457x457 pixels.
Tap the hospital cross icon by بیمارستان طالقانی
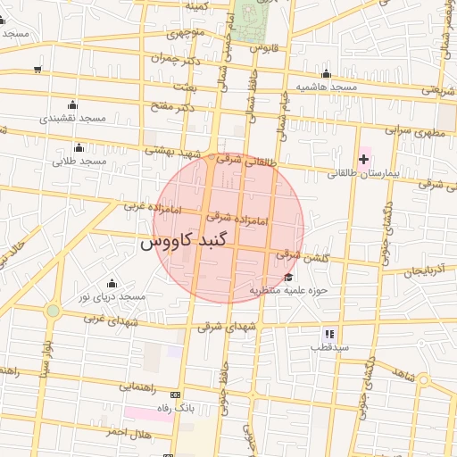pyautogui.click(x=363, y=160)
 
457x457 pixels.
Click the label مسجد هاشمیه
pyautogui.click(x=327, y=87)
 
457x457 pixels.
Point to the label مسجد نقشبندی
pyautogui.click(x=73, y=118)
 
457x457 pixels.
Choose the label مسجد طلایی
pyautogui.click(x=79, y=162)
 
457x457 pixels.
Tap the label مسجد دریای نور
pyautogui.click(x=112, y=295)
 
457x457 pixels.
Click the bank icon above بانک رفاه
pyautogui.click(x=174, y=395)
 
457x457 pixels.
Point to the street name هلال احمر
pyautogui.click(x=120, y=431)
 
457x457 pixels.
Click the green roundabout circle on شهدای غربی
pyautogui.click(x=54, y=311)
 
